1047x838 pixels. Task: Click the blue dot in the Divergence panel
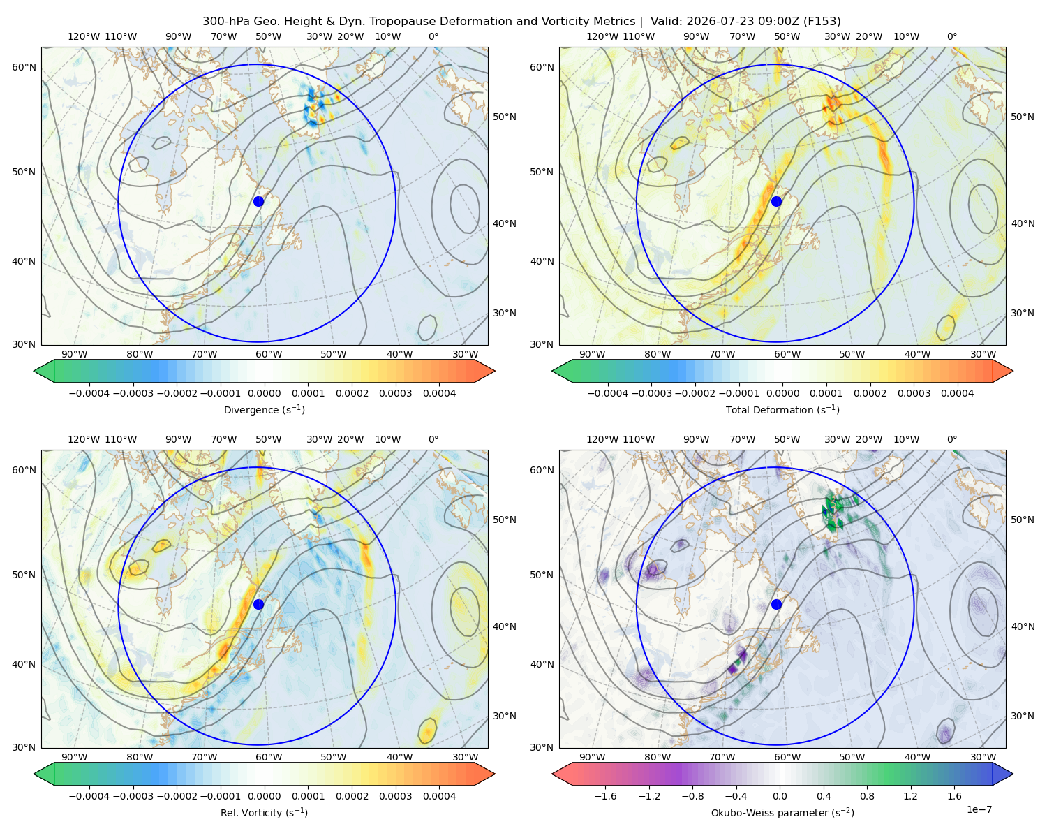coord(258,201)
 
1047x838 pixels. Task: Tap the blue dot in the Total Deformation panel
coord(776,201)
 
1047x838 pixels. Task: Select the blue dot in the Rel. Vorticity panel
coord(258,604)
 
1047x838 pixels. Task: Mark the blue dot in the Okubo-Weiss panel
coord(776,604)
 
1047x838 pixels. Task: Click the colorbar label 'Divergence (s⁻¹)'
coord(264,409)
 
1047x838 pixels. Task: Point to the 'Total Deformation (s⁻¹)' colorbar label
coord(782,409)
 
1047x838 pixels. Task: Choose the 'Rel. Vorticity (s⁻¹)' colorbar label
coord(264,813)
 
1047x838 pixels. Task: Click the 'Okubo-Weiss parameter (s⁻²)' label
coord(782,813)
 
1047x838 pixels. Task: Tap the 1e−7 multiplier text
coord(979,809)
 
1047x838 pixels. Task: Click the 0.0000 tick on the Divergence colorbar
coord(264,393)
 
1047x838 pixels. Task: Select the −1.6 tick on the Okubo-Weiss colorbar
coord(605,796)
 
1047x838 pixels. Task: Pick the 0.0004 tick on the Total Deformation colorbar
coord(958,393)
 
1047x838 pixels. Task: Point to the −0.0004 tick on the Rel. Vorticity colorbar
coord(89,796)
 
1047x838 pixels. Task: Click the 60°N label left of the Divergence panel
coord(24,67)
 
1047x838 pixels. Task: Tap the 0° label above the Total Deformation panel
coord(951,36)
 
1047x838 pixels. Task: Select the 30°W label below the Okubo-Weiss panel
coord(983,757)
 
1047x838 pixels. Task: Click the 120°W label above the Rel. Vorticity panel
coord(84,439)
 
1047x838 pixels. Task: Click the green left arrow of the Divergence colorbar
coord(45,371)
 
